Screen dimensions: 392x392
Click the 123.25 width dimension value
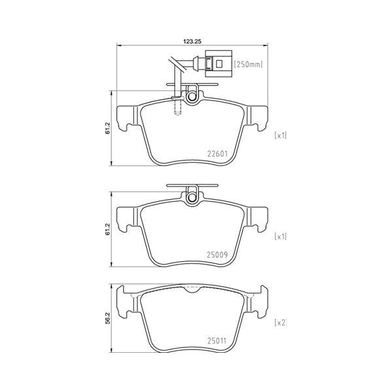click(x=192, y=42)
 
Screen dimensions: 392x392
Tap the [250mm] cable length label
click(x=248, y=65)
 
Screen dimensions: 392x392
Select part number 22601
click(x=218, y=154)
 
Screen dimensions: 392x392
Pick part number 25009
click(x=218, y=255)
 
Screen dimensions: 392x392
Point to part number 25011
click(x=216, y=341)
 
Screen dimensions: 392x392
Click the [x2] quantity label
click(x=280, y=323)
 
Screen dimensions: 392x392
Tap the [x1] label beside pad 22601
click(x=280, y=135)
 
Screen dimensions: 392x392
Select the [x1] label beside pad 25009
click(x=280, y=237)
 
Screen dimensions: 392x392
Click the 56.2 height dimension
click(x=108, y=318)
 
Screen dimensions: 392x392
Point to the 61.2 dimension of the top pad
click(x=108, y=128)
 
